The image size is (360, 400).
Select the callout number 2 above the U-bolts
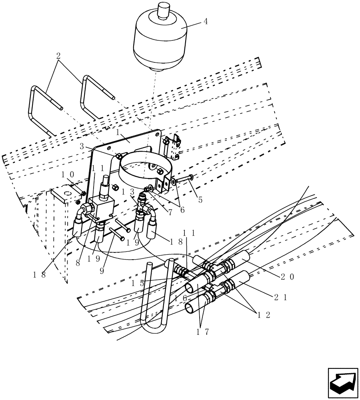[x=58, y=56]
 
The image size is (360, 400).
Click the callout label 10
[x=68, y=175]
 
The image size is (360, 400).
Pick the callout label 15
[x=138, y=283]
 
